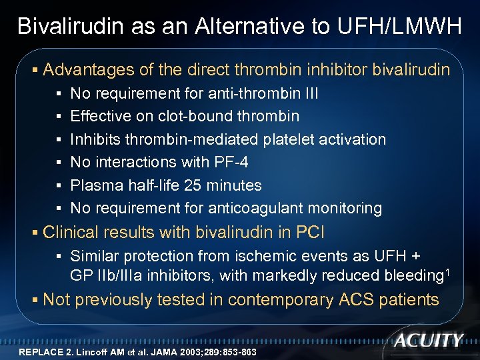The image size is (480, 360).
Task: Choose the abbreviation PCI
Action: tap(309, 233)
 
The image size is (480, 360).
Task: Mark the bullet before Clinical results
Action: tap(35, 233)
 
